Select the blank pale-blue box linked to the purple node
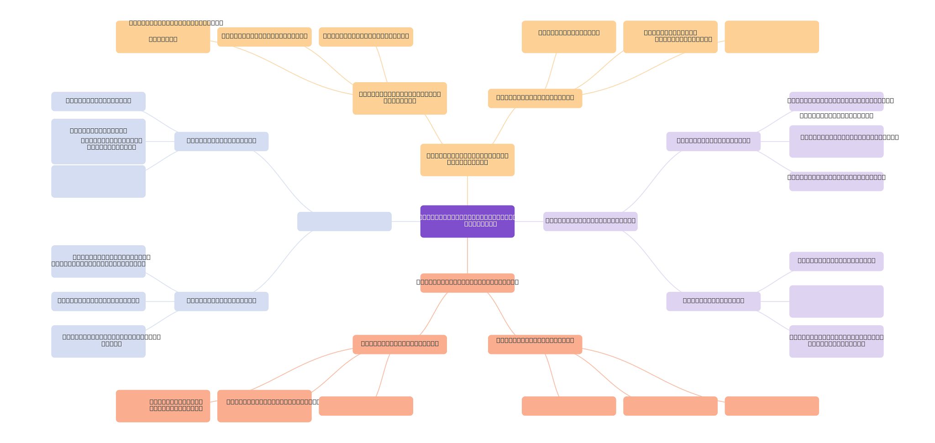344,221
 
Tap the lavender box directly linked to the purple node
590,221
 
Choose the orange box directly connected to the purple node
467,160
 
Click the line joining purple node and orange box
467,190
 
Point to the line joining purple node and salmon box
467,255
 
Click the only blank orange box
772,37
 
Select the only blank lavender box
836,301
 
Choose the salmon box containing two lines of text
163,406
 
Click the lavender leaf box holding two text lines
836,342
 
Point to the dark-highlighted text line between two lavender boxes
836,116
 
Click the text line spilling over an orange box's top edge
176,23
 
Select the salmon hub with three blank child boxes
535,344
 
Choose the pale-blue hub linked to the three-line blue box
221,141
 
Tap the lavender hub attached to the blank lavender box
713,301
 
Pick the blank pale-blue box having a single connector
98,181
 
